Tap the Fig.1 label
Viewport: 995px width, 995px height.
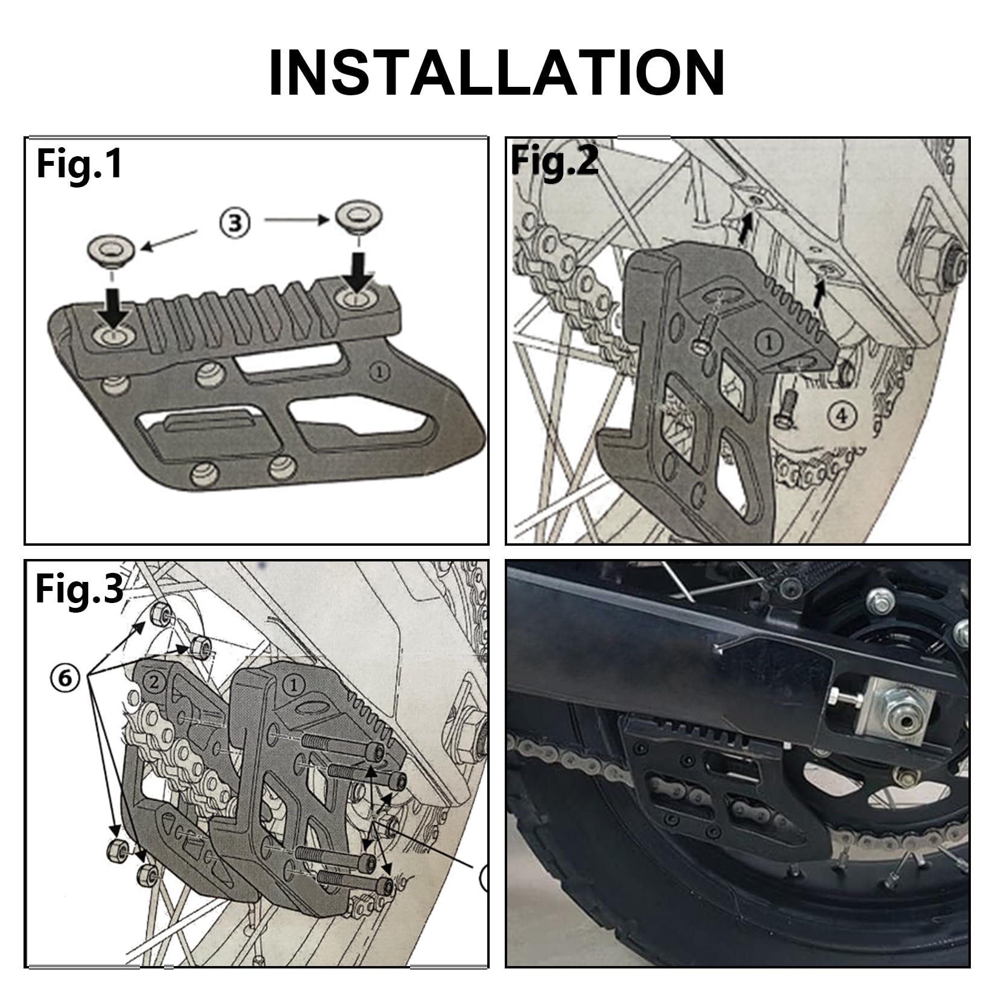[79, 164]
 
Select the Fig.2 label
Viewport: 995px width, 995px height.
[554, 161]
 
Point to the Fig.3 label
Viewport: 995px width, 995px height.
[79, 589]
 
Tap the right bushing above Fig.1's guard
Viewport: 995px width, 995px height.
[360, 216]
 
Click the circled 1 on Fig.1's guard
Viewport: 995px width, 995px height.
[379, 372]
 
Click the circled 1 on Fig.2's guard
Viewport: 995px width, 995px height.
[769, 343]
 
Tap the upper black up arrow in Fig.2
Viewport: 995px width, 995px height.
[747, 229]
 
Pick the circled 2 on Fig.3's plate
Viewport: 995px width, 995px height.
[154, 683]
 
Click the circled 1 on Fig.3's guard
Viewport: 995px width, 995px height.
[294, 685]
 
